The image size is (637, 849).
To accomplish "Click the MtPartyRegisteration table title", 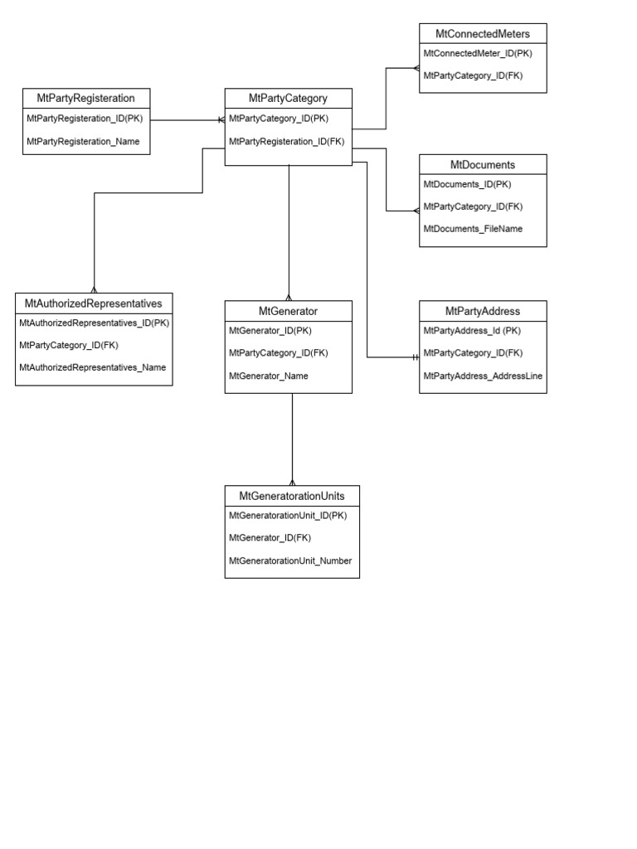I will [86, 98].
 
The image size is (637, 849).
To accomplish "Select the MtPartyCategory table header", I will [288, 98].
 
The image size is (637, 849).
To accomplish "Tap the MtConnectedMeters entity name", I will [482, 33].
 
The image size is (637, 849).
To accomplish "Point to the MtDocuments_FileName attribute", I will [473, 229].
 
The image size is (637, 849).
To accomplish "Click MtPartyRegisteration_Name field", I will [83, 142].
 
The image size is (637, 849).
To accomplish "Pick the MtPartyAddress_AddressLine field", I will [483, 376].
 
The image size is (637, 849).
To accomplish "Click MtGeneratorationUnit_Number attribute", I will [290, 560].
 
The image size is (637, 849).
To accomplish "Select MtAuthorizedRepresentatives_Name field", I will [92, 366].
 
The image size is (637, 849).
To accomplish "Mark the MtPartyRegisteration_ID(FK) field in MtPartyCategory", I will [286, 142].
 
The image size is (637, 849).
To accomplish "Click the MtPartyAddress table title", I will [483, 311].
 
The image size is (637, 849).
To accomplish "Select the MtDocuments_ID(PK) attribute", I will [467, 184].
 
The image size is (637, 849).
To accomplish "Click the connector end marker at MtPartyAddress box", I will [415, 357].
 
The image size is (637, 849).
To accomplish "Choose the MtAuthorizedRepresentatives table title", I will [94, 303].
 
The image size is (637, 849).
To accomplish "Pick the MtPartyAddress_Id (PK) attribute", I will [471, 330].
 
